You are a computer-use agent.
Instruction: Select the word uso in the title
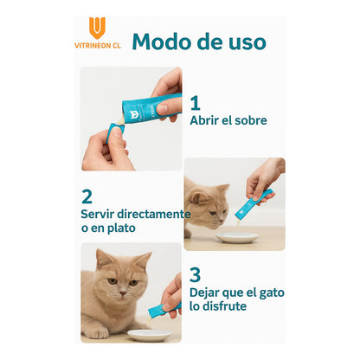[x=245, y=41]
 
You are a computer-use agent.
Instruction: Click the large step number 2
[x=87, y=196]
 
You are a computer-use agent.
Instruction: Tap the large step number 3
[x=196, y=274]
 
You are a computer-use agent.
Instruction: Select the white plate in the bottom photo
[x=148, y=335]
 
